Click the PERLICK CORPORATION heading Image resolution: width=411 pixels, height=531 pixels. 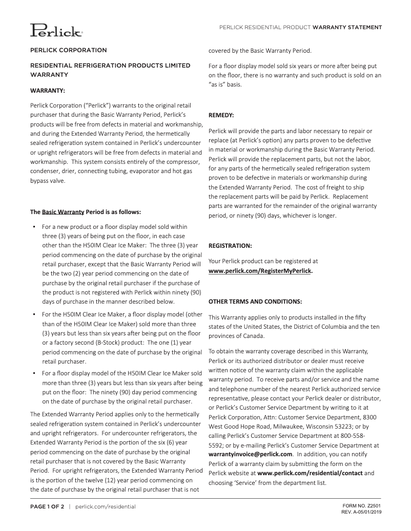tap(69, 50)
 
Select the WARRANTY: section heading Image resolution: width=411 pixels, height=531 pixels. tap(48, 91)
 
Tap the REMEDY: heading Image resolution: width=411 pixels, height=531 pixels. tap(221, 116)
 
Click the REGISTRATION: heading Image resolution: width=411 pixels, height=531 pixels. tap(230, 245)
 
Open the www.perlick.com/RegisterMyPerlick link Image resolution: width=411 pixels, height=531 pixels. tap(260, 271)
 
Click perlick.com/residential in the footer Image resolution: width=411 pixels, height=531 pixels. tap(105, 506)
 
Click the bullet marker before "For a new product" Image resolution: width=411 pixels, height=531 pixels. tap(33, 226)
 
